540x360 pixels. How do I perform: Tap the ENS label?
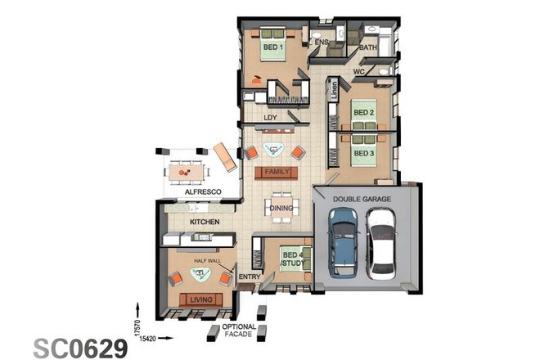click(322, 41)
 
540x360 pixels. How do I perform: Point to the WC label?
click(358, 72)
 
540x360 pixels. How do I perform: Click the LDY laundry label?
click(270, 117)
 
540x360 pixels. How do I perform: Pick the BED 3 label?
click(363, 152)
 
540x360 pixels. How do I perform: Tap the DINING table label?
click(281, 208)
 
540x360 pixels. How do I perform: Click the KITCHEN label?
click(204, 222)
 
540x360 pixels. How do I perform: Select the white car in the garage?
click(381, 243)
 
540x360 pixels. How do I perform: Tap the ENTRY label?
click(249, 277)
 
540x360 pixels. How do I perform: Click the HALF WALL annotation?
click(207, 260)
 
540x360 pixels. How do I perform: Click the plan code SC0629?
click(80, 348)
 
